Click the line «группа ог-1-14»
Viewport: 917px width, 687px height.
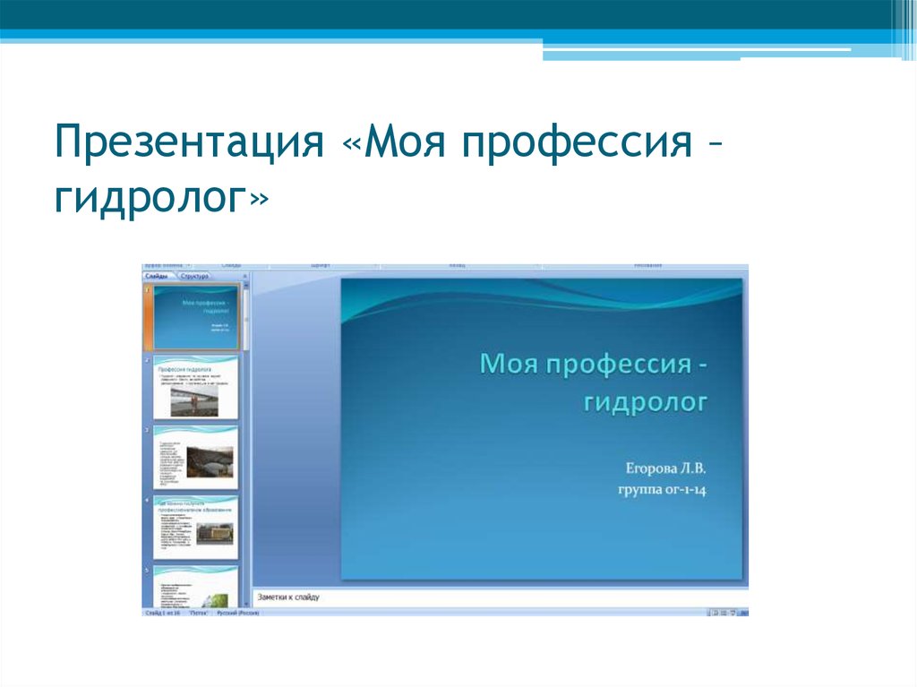pos(662,489)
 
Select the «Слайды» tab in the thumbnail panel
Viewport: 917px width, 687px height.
pos(157,277)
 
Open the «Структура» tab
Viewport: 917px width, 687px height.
pos(194,277)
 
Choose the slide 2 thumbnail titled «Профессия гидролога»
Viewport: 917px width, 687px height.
pos(196,387)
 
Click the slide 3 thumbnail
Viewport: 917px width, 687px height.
pos(196,457)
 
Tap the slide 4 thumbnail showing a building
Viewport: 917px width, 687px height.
pos(196,528)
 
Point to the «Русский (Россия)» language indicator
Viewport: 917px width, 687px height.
pos(237,613)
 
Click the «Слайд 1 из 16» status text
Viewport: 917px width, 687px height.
pos(163,613)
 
